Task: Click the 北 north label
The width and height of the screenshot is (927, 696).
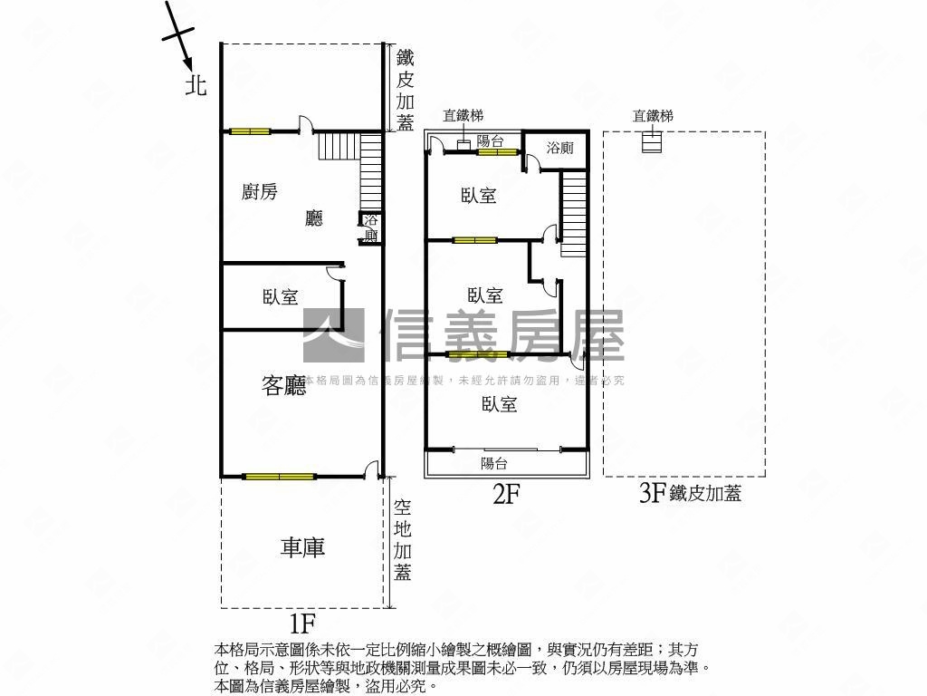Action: point(196,84)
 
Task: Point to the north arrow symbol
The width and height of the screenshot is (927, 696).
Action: point(178,34)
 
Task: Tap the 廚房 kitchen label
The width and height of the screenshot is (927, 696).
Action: point(259,192)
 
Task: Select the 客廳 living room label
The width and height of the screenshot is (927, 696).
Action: point(283,385)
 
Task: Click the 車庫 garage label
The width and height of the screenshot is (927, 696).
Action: point(302,546)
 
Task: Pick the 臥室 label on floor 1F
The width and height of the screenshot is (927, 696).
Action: point(281,296)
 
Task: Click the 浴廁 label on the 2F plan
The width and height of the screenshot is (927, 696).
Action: point(559,148)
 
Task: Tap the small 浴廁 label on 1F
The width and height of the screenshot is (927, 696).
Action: point(370,227)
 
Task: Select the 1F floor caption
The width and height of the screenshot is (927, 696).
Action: point(301,623)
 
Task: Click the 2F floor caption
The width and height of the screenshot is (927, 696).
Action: point(506,494)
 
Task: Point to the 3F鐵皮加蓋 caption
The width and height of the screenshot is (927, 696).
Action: point(691,492)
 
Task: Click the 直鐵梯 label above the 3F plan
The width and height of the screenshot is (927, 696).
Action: point(653,115)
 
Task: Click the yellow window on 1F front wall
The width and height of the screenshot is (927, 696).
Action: point(279,476)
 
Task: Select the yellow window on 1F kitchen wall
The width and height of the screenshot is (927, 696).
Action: point(250,131)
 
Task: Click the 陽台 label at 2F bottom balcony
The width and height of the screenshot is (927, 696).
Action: point(493,463)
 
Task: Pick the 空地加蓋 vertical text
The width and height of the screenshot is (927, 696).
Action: point(403,539)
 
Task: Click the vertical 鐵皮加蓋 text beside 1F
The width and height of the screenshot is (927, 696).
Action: point(405,90)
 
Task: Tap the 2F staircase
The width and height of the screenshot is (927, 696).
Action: point(574,214)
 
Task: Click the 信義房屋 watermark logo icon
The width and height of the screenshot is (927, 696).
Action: point(334,335)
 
